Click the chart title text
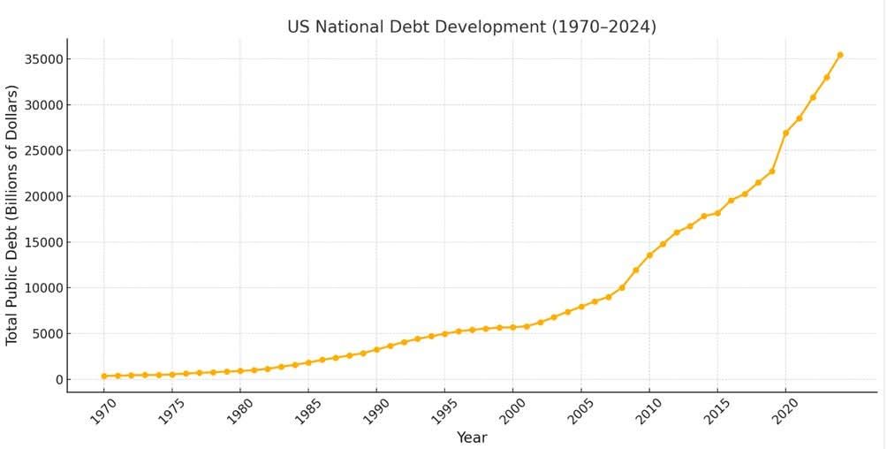click(x=471, y=27)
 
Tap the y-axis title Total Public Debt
click(x=12, y=215)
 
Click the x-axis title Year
click(x=471, y=438)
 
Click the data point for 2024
click(x=840, y=55)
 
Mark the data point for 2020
click(x=785, y=133)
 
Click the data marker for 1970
click(x=104, y=376)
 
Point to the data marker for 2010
click(x=649, y=255)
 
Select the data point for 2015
click(x=717, y=213)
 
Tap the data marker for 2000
click(x=513, y=327)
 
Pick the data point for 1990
click(x=376, y=349)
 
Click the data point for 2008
click(x=622, y=287)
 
